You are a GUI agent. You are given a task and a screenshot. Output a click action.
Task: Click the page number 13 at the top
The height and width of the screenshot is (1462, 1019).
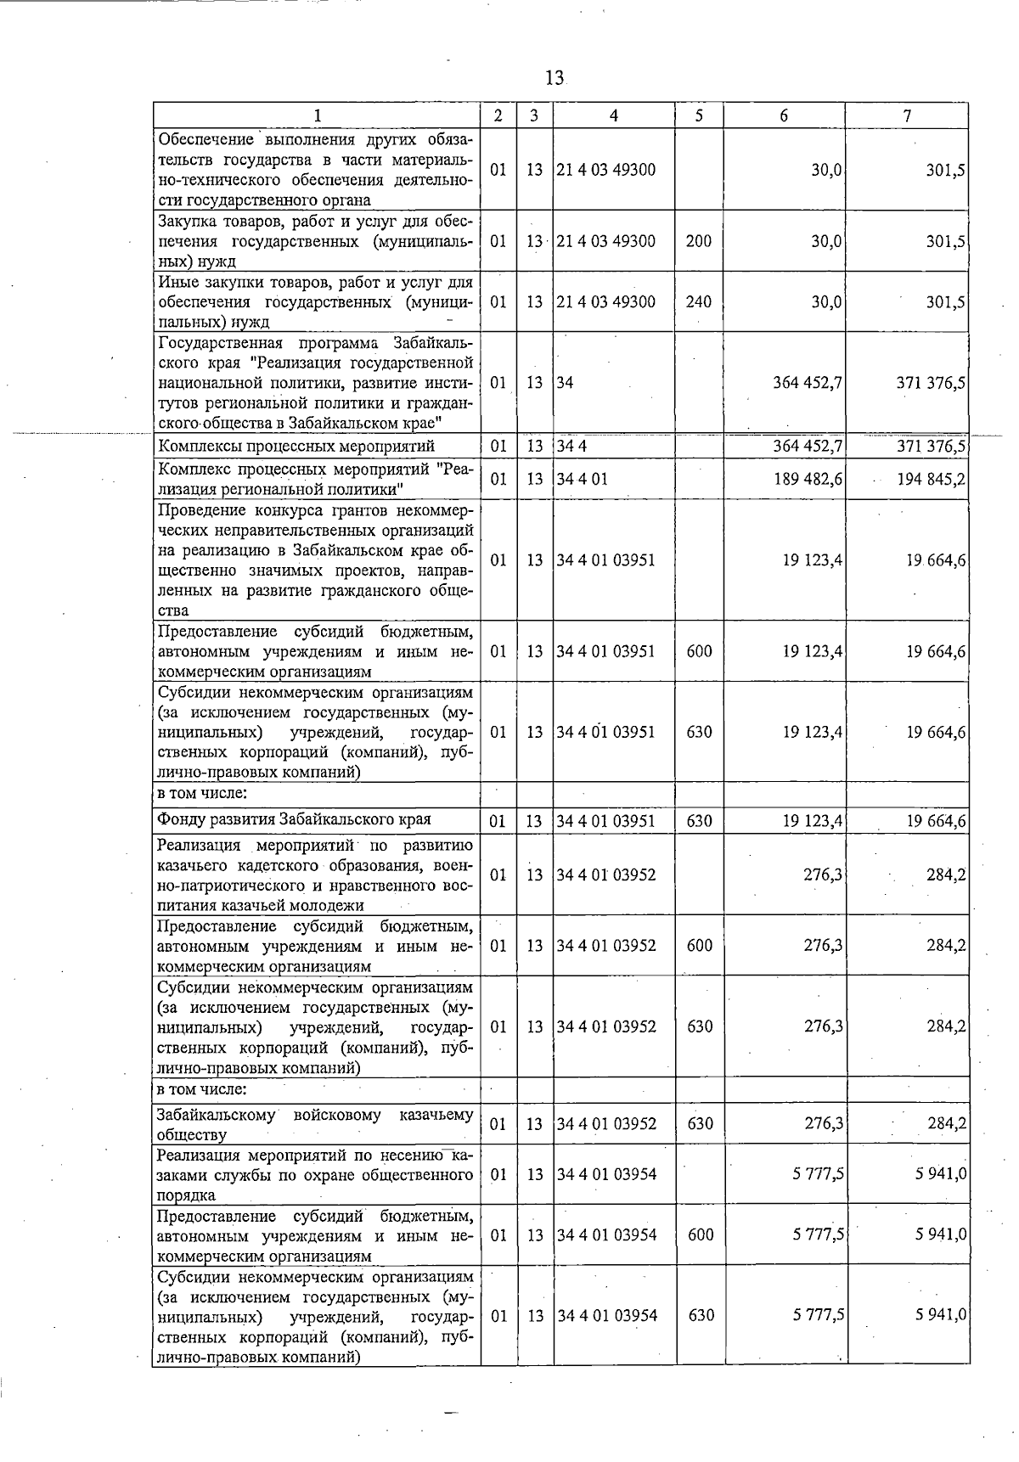pos(554,78)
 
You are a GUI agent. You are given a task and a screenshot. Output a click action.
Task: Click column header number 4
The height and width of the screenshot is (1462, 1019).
pos(613,116)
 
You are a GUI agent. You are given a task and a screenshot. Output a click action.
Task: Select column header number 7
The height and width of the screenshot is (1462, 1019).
pos(907,116)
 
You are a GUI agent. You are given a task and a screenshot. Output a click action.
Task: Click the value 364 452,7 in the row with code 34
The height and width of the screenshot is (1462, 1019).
pos(808,383)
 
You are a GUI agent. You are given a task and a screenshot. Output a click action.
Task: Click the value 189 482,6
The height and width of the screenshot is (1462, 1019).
pos(808,479)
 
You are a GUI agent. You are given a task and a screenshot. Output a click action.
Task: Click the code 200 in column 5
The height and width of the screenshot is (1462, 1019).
pos(698,241)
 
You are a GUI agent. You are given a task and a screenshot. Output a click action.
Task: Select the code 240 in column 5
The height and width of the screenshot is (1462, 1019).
pos(698,301)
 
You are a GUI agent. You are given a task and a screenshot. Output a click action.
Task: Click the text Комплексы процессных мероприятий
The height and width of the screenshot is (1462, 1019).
pos(296,447)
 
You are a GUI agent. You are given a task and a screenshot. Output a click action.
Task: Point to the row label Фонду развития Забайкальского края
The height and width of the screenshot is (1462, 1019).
pos(294,819)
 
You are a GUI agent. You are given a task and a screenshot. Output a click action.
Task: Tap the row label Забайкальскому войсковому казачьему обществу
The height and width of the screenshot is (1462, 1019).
pos(315,1124)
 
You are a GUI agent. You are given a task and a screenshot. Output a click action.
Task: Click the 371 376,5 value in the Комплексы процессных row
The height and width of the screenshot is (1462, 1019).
pos(931,447)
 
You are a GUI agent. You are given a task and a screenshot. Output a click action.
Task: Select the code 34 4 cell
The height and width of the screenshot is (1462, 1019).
pos(572,447)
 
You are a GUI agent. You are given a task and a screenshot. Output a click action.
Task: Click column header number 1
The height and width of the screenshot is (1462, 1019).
pos(317,116)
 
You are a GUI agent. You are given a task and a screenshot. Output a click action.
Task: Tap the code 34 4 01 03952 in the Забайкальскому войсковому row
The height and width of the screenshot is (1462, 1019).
pos(606,1124)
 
